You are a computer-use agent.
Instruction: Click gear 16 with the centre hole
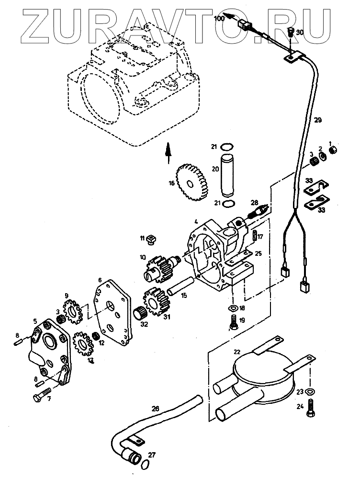[x=190, y=182]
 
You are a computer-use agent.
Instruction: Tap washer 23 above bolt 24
[x=310, y=392]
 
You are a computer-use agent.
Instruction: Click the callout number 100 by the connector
[x=218, y=19]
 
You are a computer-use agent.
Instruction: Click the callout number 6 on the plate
[x=100, y=280]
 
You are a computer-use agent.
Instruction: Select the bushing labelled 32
[x=140, y=313]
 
